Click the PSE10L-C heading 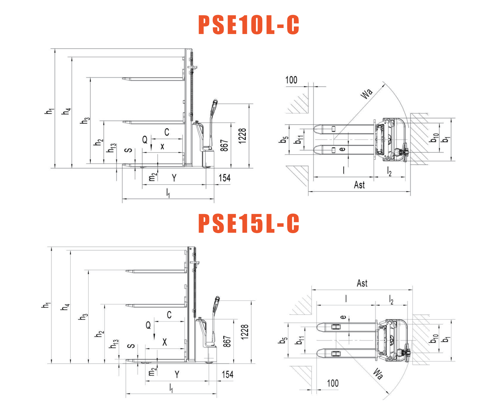[249, 25]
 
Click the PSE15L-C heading [249, 223]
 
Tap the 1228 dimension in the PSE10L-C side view [242, 136]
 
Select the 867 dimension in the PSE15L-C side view [227, 341]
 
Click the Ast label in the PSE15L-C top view [362, 283]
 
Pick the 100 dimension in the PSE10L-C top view [291, 80]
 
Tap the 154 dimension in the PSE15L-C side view [228, 374]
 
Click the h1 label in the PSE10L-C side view [49, 111]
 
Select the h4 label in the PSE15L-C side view [65, 307]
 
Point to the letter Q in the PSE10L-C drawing [145, 140]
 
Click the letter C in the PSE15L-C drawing [169, 315]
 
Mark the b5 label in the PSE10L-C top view [284, 140]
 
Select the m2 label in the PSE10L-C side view [152, 177]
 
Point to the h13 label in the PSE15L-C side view [114, 344]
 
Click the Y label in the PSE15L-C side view [177, 374]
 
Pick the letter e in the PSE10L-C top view [342, 149]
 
